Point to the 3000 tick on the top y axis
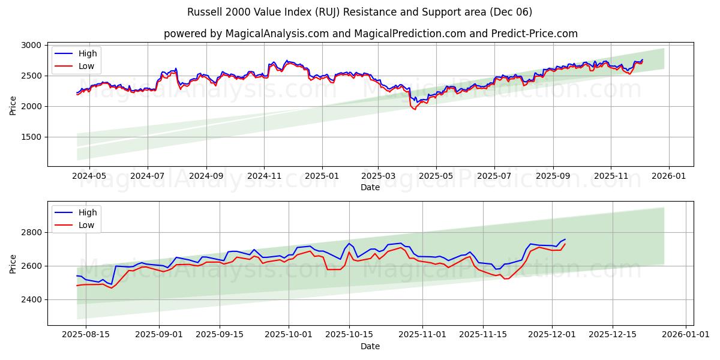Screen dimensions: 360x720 (31, 46)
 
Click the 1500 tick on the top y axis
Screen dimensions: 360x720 (31, 137)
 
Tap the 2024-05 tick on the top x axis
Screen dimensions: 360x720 (89, 176)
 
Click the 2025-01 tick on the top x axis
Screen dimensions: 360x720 (322, 176)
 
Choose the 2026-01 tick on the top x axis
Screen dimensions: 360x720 (668, 176)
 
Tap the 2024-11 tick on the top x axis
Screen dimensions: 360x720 (264, 176)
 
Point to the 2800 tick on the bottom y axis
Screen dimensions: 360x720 (31, 232)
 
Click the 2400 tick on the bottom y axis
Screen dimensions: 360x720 (31, 299)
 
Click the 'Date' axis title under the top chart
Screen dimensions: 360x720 (370, 187)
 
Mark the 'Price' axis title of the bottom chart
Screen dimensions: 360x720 (13, 263)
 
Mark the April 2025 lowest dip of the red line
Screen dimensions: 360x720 (414, 109)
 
